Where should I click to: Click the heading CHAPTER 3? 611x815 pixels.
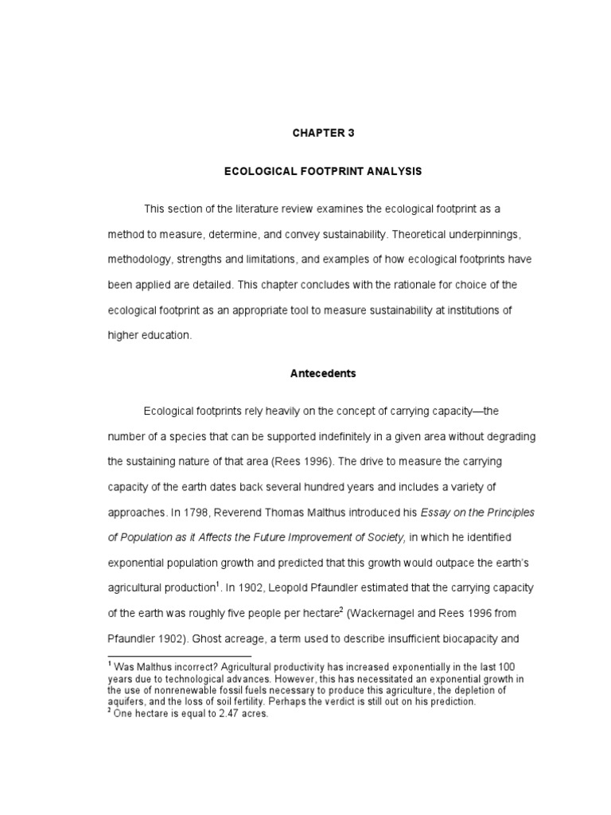(323, 134)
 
